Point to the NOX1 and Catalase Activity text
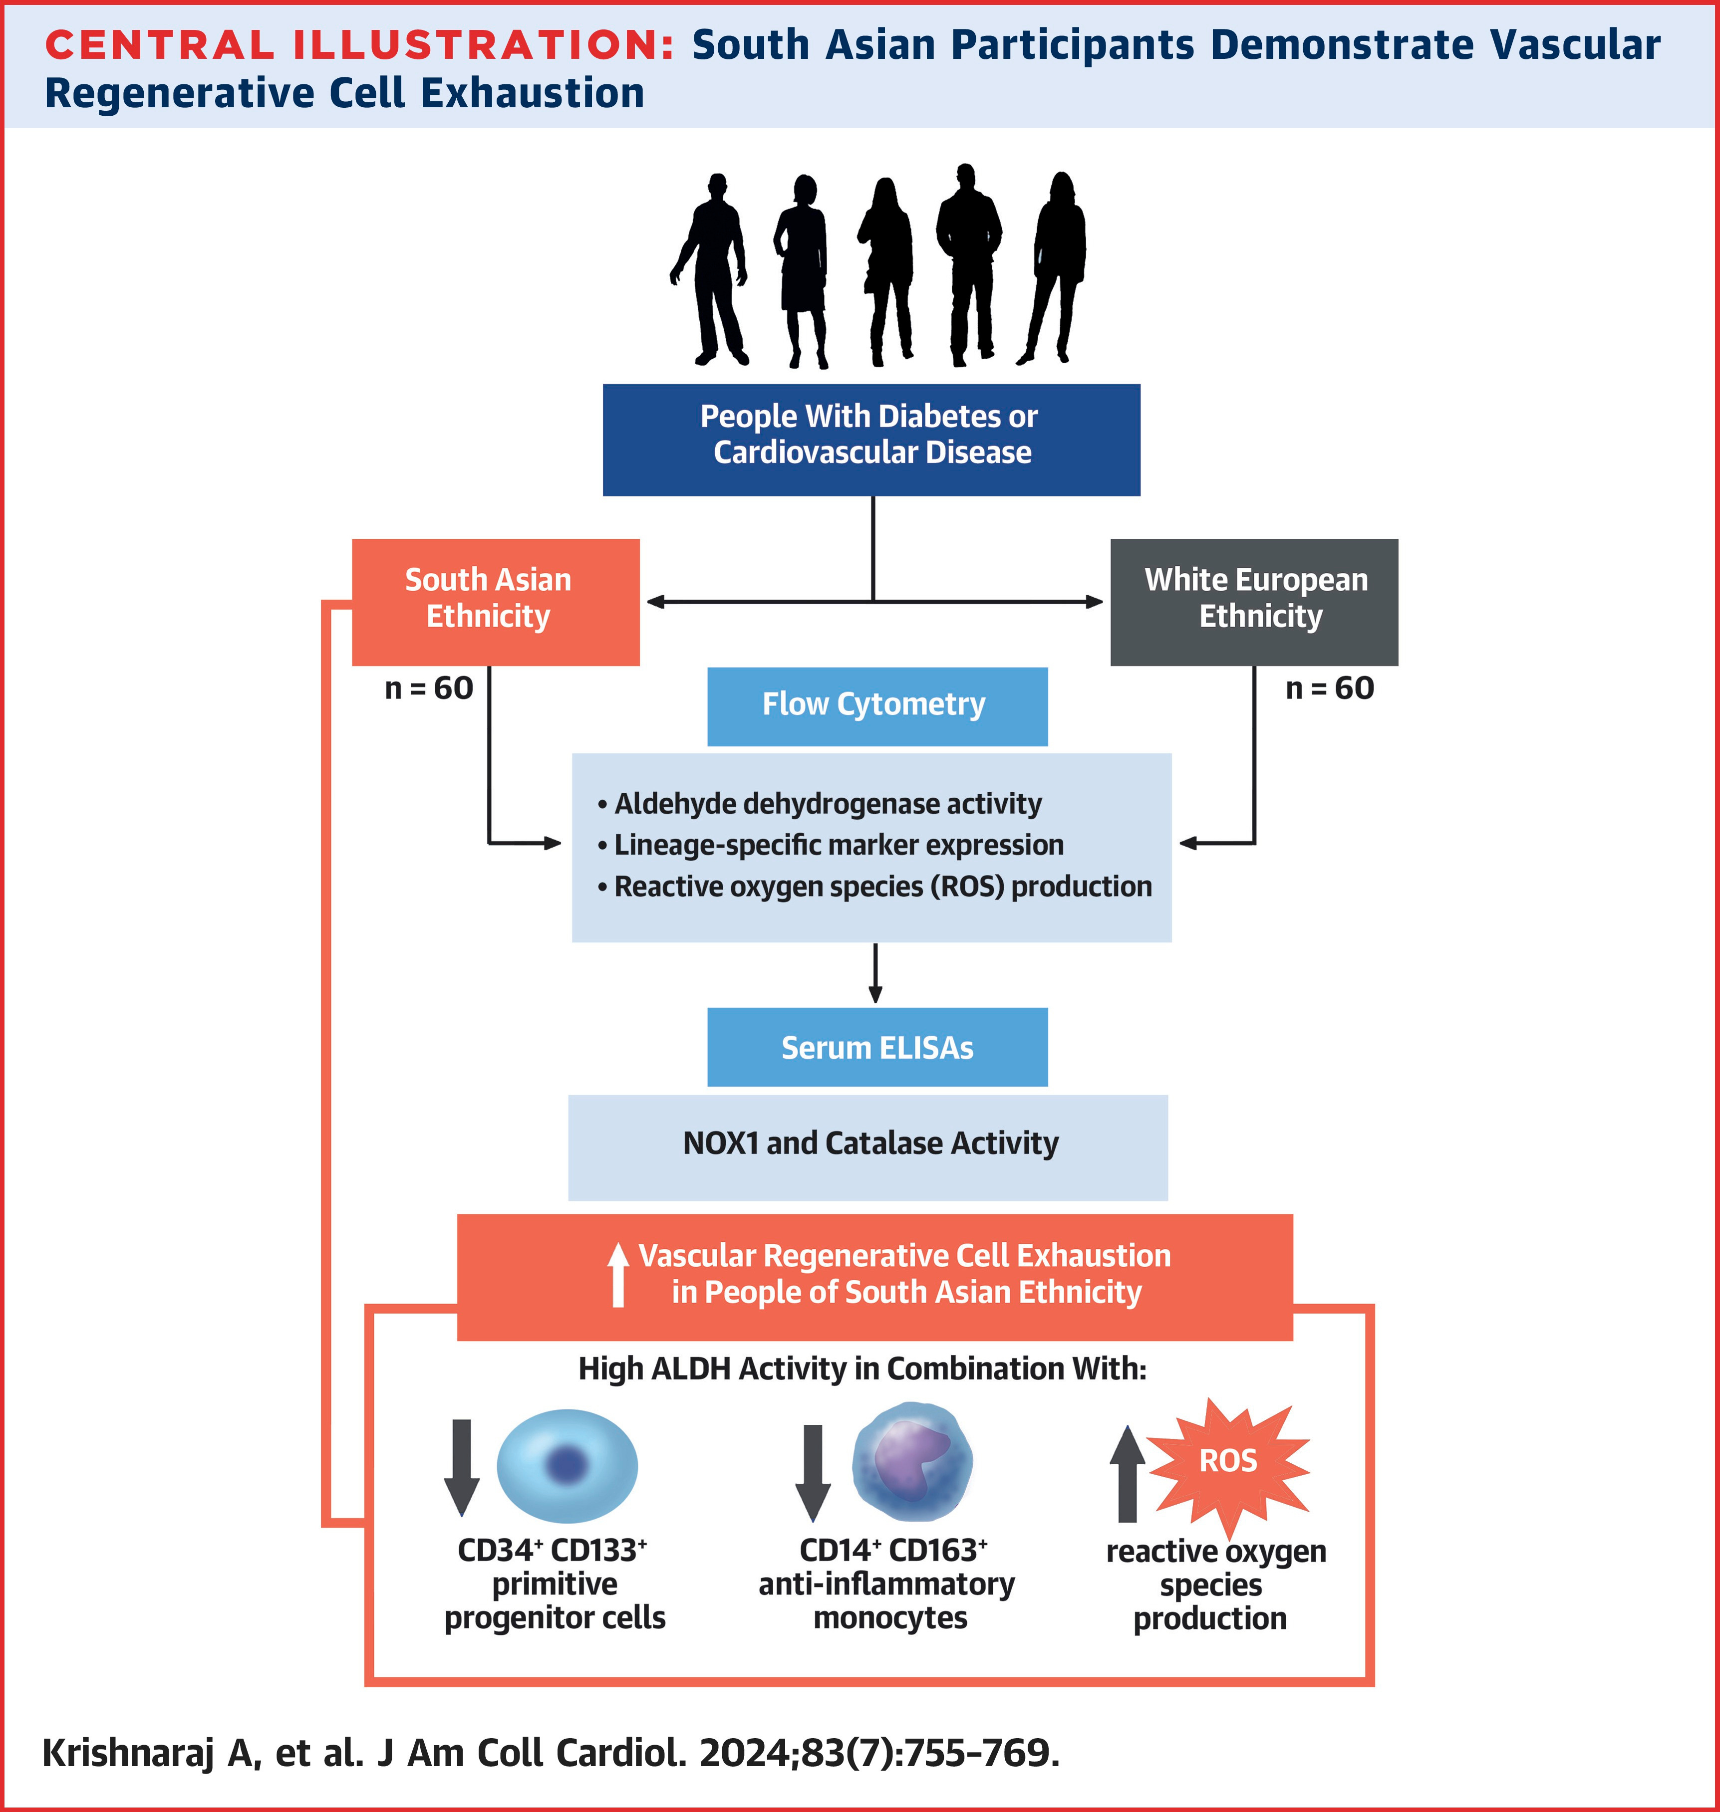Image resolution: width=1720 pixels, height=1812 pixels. pyautogui.click(x=870, y=1144)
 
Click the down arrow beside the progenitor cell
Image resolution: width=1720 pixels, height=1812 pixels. pyautogui.click(x=461, y=1466)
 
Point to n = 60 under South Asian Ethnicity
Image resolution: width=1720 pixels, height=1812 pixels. pyautogui.click(x=428, y=688)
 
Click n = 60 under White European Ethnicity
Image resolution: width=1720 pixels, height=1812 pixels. pyautogui.click(x=1329, y=688)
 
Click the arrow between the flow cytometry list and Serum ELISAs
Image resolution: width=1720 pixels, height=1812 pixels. pyautogui.click(x=875, y=974)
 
